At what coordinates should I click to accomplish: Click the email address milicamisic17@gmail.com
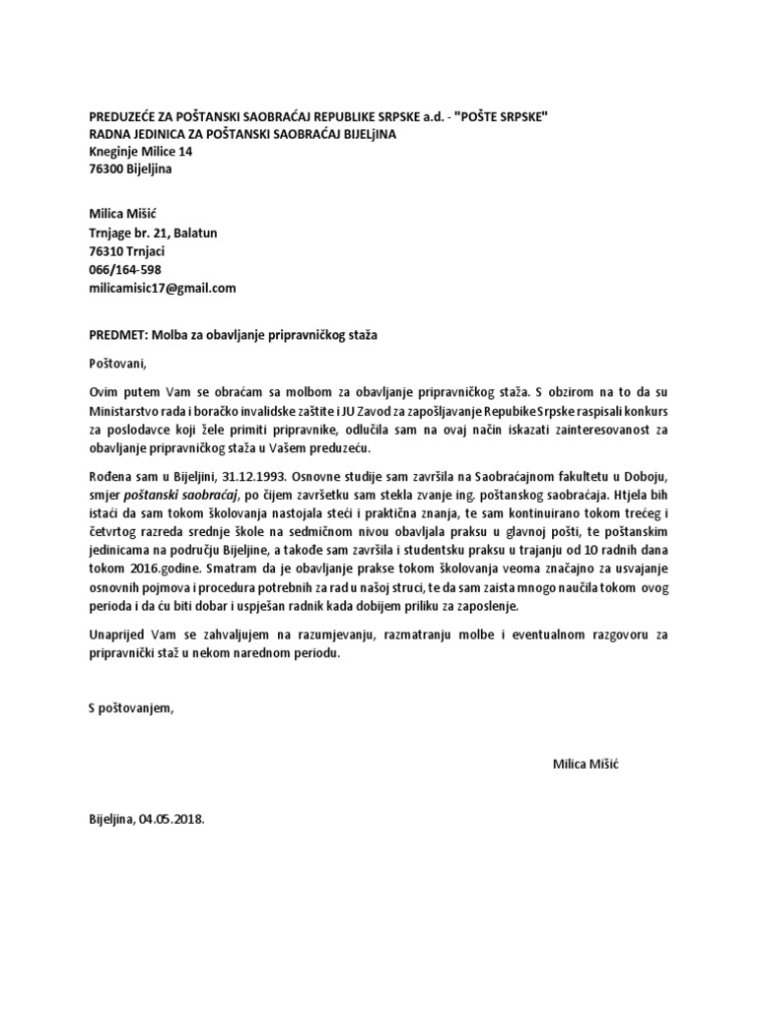(x=163, y=288)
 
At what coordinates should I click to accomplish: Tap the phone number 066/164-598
(x=125, y=270)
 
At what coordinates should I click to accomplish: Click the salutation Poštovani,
(x=116, y=363)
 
